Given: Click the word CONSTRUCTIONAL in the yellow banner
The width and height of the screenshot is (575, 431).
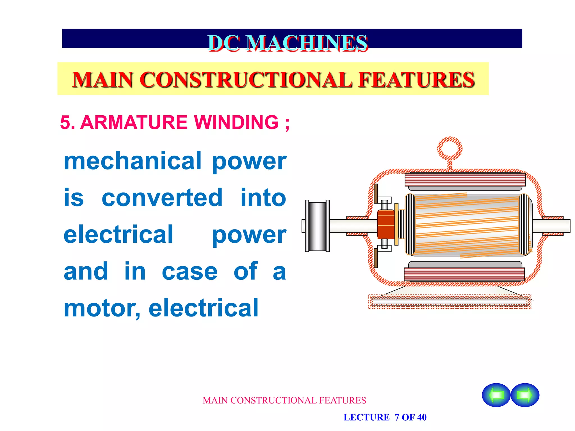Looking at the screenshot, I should pos(246,80).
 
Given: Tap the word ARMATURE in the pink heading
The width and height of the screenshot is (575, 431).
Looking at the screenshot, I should pos(134,122).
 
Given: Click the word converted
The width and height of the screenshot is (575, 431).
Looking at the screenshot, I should pos(162,198).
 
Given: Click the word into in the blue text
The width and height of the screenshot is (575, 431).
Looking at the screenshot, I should pos(263,198).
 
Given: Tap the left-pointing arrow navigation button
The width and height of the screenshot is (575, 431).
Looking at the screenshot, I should pos(496,395).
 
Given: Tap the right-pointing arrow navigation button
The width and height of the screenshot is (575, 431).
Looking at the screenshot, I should pos(525,395).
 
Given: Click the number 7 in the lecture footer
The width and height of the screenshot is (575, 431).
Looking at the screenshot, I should pos(397,417).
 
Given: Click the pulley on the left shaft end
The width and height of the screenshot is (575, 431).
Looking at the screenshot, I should pos(317,226).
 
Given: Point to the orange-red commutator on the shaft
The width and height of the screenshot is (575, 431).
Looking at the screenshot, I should pos(386,225).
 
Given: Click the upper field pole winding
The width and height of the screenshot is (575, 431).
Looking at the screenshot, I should pos(465,180).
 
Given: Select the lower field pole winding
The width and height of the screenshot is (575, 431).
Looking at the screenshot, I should pos(464,274).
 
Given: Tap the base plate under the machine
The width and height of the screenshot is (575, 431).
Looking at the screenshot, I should pos(449,302).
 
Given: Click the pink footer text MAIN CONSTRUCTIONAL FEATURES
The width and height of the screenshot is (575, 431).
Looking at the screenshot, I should pos(284,400).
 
